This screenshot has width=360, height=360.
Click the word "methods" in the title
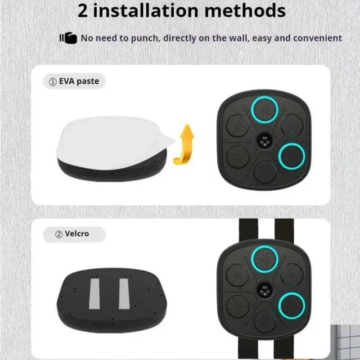tap(245, 11)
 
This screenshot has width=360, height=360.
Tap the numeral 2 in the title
tap(83, 11)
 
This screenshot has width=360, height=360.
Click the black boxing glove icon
tap(68, 38)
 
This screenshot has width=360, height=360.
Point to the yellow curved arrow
tap(184, 144)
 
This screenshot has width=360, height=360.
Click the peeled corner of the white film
tap(167, 140)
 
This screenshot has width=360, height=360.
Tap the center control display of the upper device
tap(265, 141)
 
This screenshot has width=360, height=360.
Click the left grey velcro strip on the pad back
tap(94, 294)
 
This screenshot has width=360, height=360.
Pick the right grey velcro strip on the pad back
tap(124, 294)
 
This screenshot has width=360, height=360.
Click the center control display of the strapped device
tap(265, 290)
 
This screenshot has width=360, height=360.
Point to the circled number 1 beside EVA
tap(53, 82)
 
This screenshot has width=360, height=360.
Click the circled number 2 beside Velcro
tap(59, 234)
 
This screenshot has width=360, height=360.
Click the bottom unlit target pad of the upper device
tap(265, 172)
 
